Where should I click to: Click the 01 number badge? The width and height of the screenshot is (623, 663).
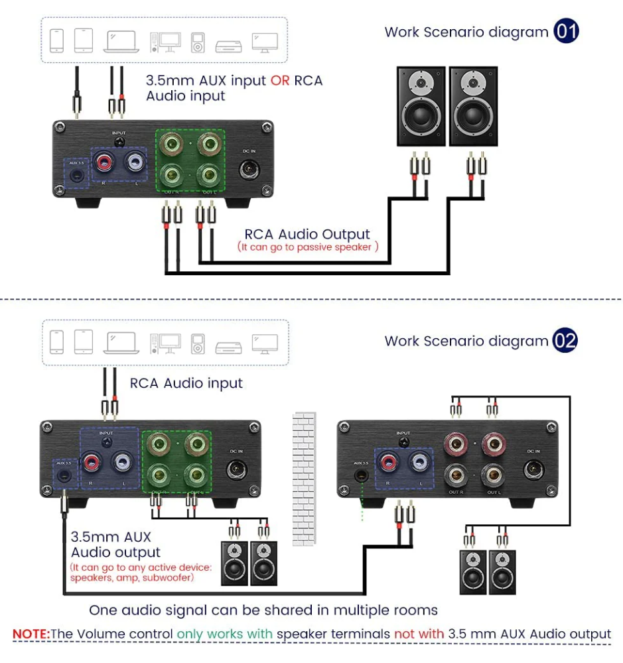pyautogui.click(x=567, y=31)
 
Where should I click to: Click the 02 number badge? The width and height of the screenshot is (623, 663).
pyautogui.click(x=566, y=341)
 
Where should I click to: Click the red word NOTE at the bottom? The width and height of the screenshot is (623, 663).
pyautogui.click(x=31, y=634)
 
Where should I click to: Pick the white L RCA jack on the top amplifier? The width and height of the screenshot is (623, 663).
pyautogui.click(x=137, y=162)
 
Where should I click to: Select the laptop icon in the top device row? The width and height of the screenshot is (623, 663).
pyautogui.click(x=121, y=41)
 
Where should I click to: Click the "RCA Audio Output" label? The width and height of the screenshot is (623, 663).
pyautogui.click(x=307, y=234)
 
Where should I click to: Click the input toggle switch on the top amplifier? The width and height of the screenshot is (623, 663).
pyautogui.click(x=119, y=142)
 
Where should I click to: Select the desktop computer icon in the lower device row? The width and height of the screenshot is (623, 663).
pyautogui.click(x=165, y=343)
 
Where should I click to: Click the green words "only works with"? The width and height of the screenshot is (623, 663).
pyautogui.click(x=225, y=634)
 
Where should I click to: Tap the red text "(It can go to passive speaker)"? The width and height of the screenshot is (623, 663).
pyautogui.click(x=308, y=247)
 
